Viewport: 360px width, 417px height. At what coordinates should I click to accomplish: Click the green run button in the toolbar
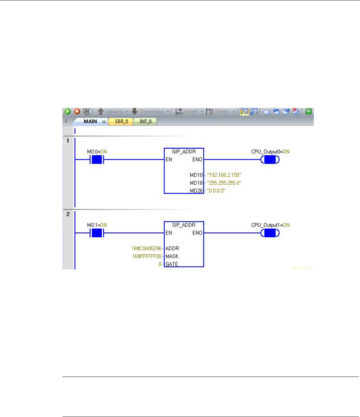tap(67, 111)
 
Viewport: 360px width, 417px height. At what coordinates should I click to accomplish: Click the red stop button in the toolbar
tap(77, 111)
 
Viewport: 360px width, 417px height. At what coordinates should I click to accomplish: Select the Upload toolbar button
tap(110, 111)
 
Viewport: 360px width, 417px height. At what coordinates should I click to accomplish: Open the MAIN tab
tap(90, 122)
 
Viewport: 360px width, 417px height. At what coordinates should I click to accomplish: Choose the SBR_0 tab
tap(121, 122)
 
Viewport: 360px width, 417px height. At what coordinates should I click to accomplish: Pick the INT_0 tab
tap(145, 122)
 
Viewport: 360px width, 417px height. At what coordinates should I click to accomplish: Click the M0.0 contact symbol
tap(97, 159)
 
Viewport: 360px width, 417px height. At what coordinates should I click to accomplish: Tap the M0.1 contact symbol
tap(97, 233)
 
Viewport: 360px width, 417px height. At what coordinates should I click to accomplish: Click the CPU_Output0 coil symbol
tap(270, 159)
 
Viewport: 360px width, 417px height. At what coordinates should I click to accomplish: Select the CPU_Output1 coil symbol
tap(270, 233)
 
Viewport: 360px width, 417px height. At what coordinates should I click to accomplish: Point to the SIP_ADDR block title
tap(184, 225)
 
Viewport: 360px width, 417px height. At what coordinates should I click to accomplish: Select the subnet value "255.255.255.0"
tap(224, 183)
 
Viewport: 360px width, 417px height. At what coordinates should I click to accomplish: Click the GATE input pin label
tap(172, 264)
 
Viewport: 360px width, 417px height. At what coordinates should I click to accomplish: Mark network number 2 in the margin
tap(67, 214)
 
